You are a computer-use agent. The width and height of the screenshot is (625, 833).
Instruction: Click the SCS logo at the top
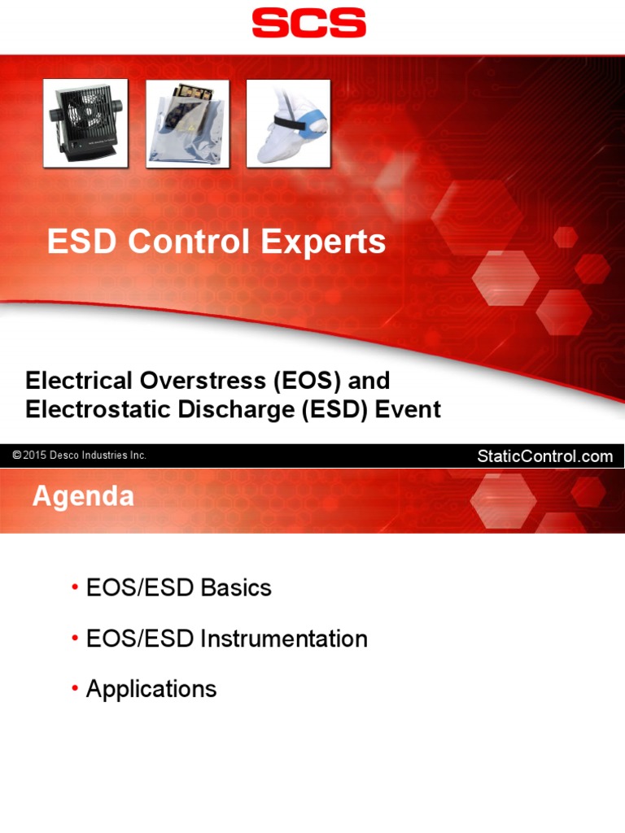tap(308, 23)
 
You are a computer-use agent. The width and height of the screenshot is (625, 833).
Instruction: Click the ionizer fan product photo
tap(85, 124)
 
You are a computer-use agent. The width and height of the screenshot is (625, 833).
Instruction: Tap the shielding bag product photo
tap(187, 124)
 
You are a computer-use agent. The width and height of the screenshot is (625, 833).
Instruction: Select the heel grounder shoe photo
tap(288, 124)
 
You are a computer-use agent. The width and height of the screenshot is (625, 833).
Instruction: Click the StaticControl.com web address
tap(544, 456)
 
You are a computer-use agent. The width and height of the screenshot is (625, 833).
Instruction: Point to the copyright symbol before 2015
tap(16, 456)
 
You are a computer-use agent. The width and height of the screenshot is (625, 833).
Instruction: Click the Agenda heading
tap(83, 496)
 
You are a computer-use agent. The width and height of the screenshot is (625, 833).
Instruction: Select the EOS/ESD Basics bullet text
tap(179, 588)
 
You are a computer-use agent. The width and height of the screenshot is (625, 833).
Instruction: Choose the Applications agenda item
tap(151, 690)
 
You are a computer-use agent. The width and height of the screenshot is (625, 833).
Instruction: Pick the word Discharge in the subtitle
tap(232, 409)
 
